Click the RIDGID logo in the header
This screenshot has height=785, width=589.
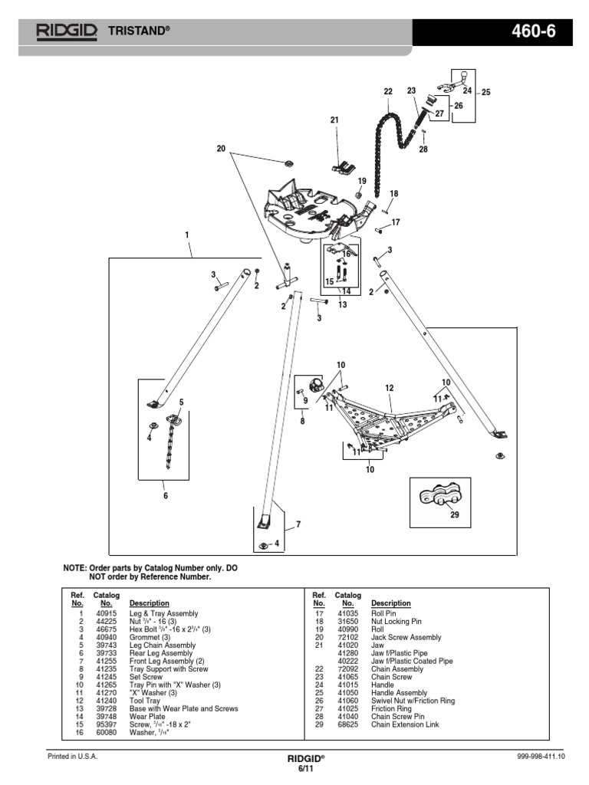pyautogui.click(x=66, y=31)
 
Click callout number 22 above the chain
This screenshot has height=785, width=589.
pyautogui.click(x=388, y=92)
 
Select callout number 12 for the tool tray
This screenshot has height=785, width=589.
pyautogui.click(x=389, y=389)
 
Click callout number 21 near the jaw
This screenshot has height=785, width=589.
pyautogui.click(x=334, y=120)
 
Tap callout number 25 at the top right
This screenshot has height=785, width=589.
pyautogui.click(x=485, y=92)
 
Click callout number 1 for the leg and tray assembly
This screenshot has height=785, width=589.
pyautogui.click(x=186, y=235)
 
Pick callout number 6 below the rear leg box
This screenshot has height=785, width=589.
pyautogui.click(x=163, y=496)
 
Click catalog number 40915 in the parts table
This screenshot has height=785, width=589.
pyautogui.click(x=106, y=614)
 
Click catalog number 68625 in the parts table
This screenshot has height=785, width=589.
pyautogui.click(x=347, y=724)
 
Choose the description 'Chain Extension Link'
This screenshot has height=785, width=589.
pyautogui.click(x=405, y=724)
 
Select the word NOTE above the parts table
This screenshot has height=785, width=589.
pyautogui.click(x=74, y=568)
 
